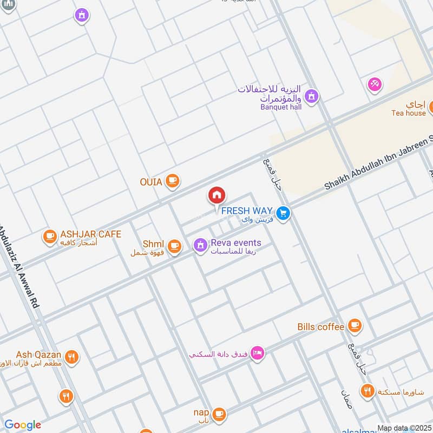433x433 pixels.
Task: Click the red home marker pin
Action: point(216,195)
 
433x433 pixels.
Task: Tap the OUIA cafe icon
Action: point(172,181)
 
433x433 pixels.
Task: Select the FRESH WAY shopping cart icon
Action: point(282,214)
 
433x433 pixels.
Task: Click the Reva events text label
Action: point(235,243)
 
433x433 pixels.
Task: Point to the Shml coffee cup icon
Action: point(174,246)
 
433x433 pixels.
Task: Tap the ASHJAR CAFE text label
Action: point(90,234)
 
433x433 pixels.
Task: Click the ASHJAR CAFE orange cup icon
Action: point(50,237)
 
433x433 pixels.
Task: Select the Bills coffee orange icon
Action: point(355,326)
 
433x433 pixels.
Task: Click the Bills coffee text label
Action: point(320,327)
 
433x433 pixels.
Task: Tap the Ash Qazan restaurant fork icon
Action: point(71,357)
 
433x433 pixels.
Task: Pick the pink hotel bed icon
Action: point(258,353)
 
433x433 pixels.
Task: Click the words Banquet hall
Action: point(281,107)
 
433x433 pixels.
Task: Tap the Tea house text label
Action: point(409,113)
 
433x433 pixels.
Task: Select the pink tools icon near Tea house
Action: point(374,84)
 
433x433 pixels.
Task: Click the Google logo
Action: point(22,425)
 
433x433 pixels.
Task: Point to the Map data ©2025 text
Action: point(403,428)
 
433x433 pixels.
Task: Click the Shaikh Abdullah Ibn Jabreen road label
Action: point(379,162)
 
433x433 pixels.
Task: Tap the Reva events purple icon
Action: point(200,245)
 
